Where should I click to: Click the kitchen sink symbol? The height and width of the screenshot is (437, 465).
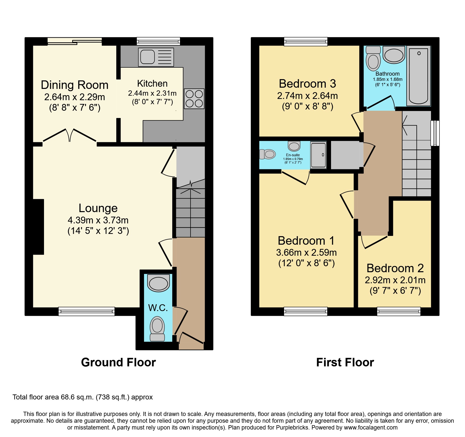tap(156, 57)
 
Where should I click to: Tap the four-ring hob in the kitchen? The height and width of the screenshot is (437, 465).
tap(194, 99)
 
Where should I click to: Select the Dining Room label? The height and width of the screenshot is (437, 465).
tap(74, 85)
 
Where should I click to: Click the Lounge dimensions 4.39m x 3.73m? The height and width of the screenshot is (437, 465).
tap(98, 220)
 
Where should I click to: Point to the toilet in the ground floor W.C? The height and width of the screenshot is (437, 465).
tap(157, 328)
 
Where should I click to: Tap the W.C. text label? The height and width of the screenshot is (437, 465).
tap(158, 308)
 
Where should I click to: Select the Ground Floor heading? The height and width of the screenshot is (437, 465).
tap(118, 362)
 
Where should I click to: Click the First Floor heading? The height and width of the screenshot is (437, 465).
tap(345, 362)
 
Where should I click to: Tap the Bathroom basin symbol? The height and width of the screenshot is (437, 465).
tap(394, 55)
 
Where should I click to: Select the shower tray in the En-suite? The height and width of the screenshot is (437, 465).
tap(318, 155)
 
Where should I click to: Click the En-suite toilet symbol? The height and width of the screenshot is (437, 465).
tap(267, 154)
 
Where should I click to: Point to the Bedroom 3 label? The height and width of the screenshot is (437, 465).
tap(307, 84)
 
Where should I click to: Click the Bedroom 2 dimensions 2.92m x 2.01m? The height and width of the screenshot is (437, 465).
tap(395, 280)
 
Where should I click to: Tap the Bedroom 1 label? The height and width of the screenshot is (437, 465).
tap(306, 241)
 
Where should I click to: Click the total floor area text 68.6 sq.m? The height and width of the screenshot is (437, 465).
tap(82, 397)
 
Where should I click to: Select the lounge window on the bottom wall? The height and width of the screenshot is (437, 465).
tap(86, 311)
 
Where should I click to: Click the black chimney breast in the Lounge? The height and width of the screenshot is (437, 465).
tap(38, 227)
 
